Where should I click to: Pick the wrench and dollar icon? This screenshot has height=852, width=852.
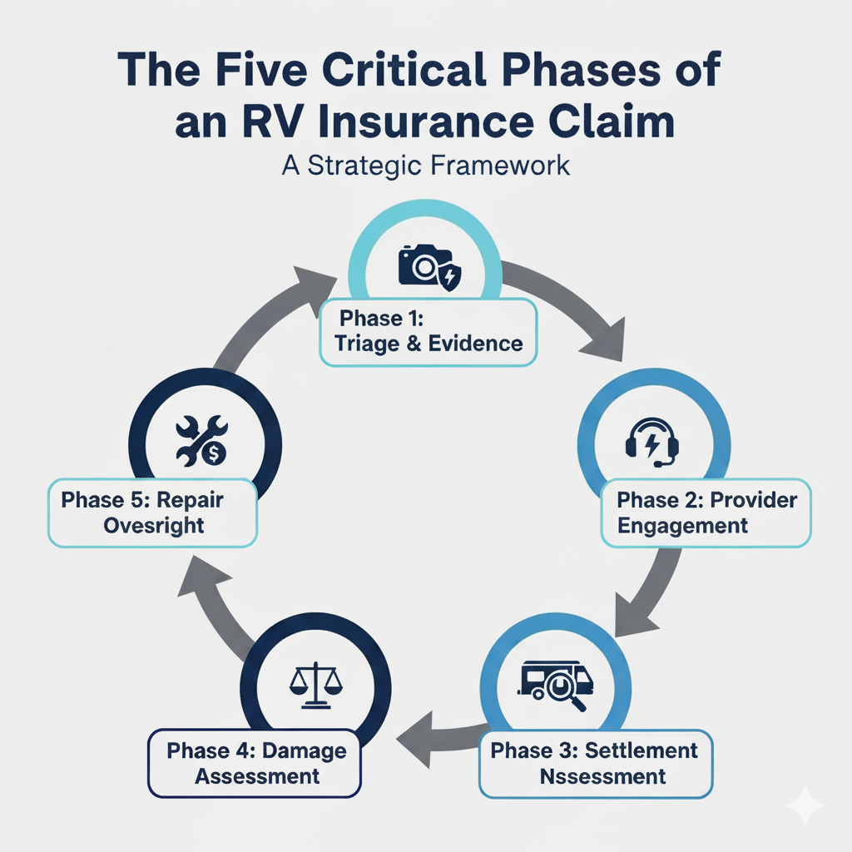coord(201,440)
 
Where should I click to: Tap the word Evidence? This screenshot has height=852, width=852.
coord(476,344)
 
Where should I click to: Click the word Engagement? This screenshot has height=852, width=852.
coord(682,526)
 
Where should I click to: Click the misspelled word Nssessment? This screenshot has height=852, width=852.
coord(603,776)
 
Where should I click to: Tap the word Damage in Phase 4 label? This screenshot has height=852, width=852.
coord(304,750)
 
